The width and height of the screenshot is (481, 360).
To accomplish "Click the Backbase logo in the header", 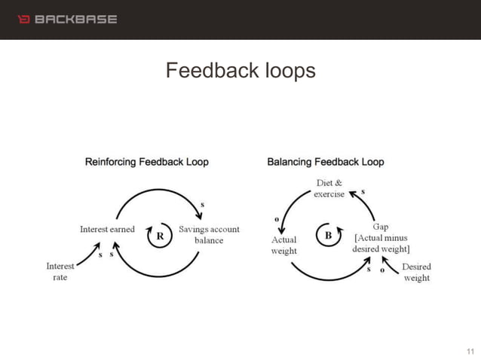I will pyautogui.click(x=67, y=19).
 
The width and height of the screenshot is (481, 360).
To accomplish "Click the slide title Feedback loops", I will pyautogui.click(x=240, y=72).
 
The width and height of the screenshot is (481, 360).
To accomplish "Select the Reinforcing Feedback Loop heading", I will pyautogui.click(x=147, y=162).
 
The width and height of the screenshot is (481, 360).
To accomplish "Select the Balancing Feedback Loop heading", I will pyautogui.click(x=326, y=162).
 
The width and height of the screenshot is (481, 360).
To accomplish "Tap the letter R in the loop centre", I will pyautogui.click(x=160, y=235).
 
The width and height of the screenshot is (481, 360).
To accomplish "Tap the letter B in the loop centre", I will pyautogui.click(x=328, y=235).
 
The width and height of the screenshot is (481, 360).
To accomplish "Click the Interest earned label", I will pyautogui.click(x=107, y=230).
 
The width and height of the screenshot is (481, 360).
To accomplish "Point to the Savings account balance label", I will pyautogui.click(x=209, y=235).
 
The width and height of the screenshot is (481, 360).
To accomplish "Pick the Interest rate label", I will pyautogui.click(x=60, y=271).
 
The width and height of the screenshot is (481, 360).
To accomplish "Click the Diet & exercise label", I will pyautogui.click(x=329, y=188).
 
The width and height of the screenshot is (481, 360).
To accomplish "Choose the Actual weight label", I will pyautogui.click(x=284, y=245).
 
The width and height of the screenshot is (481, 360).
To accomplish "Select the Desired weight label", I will pyautogui.click(x=416, y=273).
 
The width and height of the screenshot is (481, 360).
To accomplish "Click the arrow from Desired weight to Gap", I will pyautogui.click(x=391, y=264).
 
